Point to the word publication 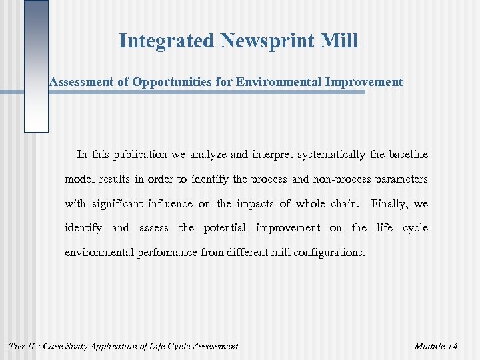click(140, 155)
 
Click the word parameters click(401, 179)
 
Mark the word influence click(187, 204)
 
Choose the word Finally click(390, 204)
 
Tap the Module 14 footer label click(435, 346)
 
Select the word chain click(344, 204)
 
